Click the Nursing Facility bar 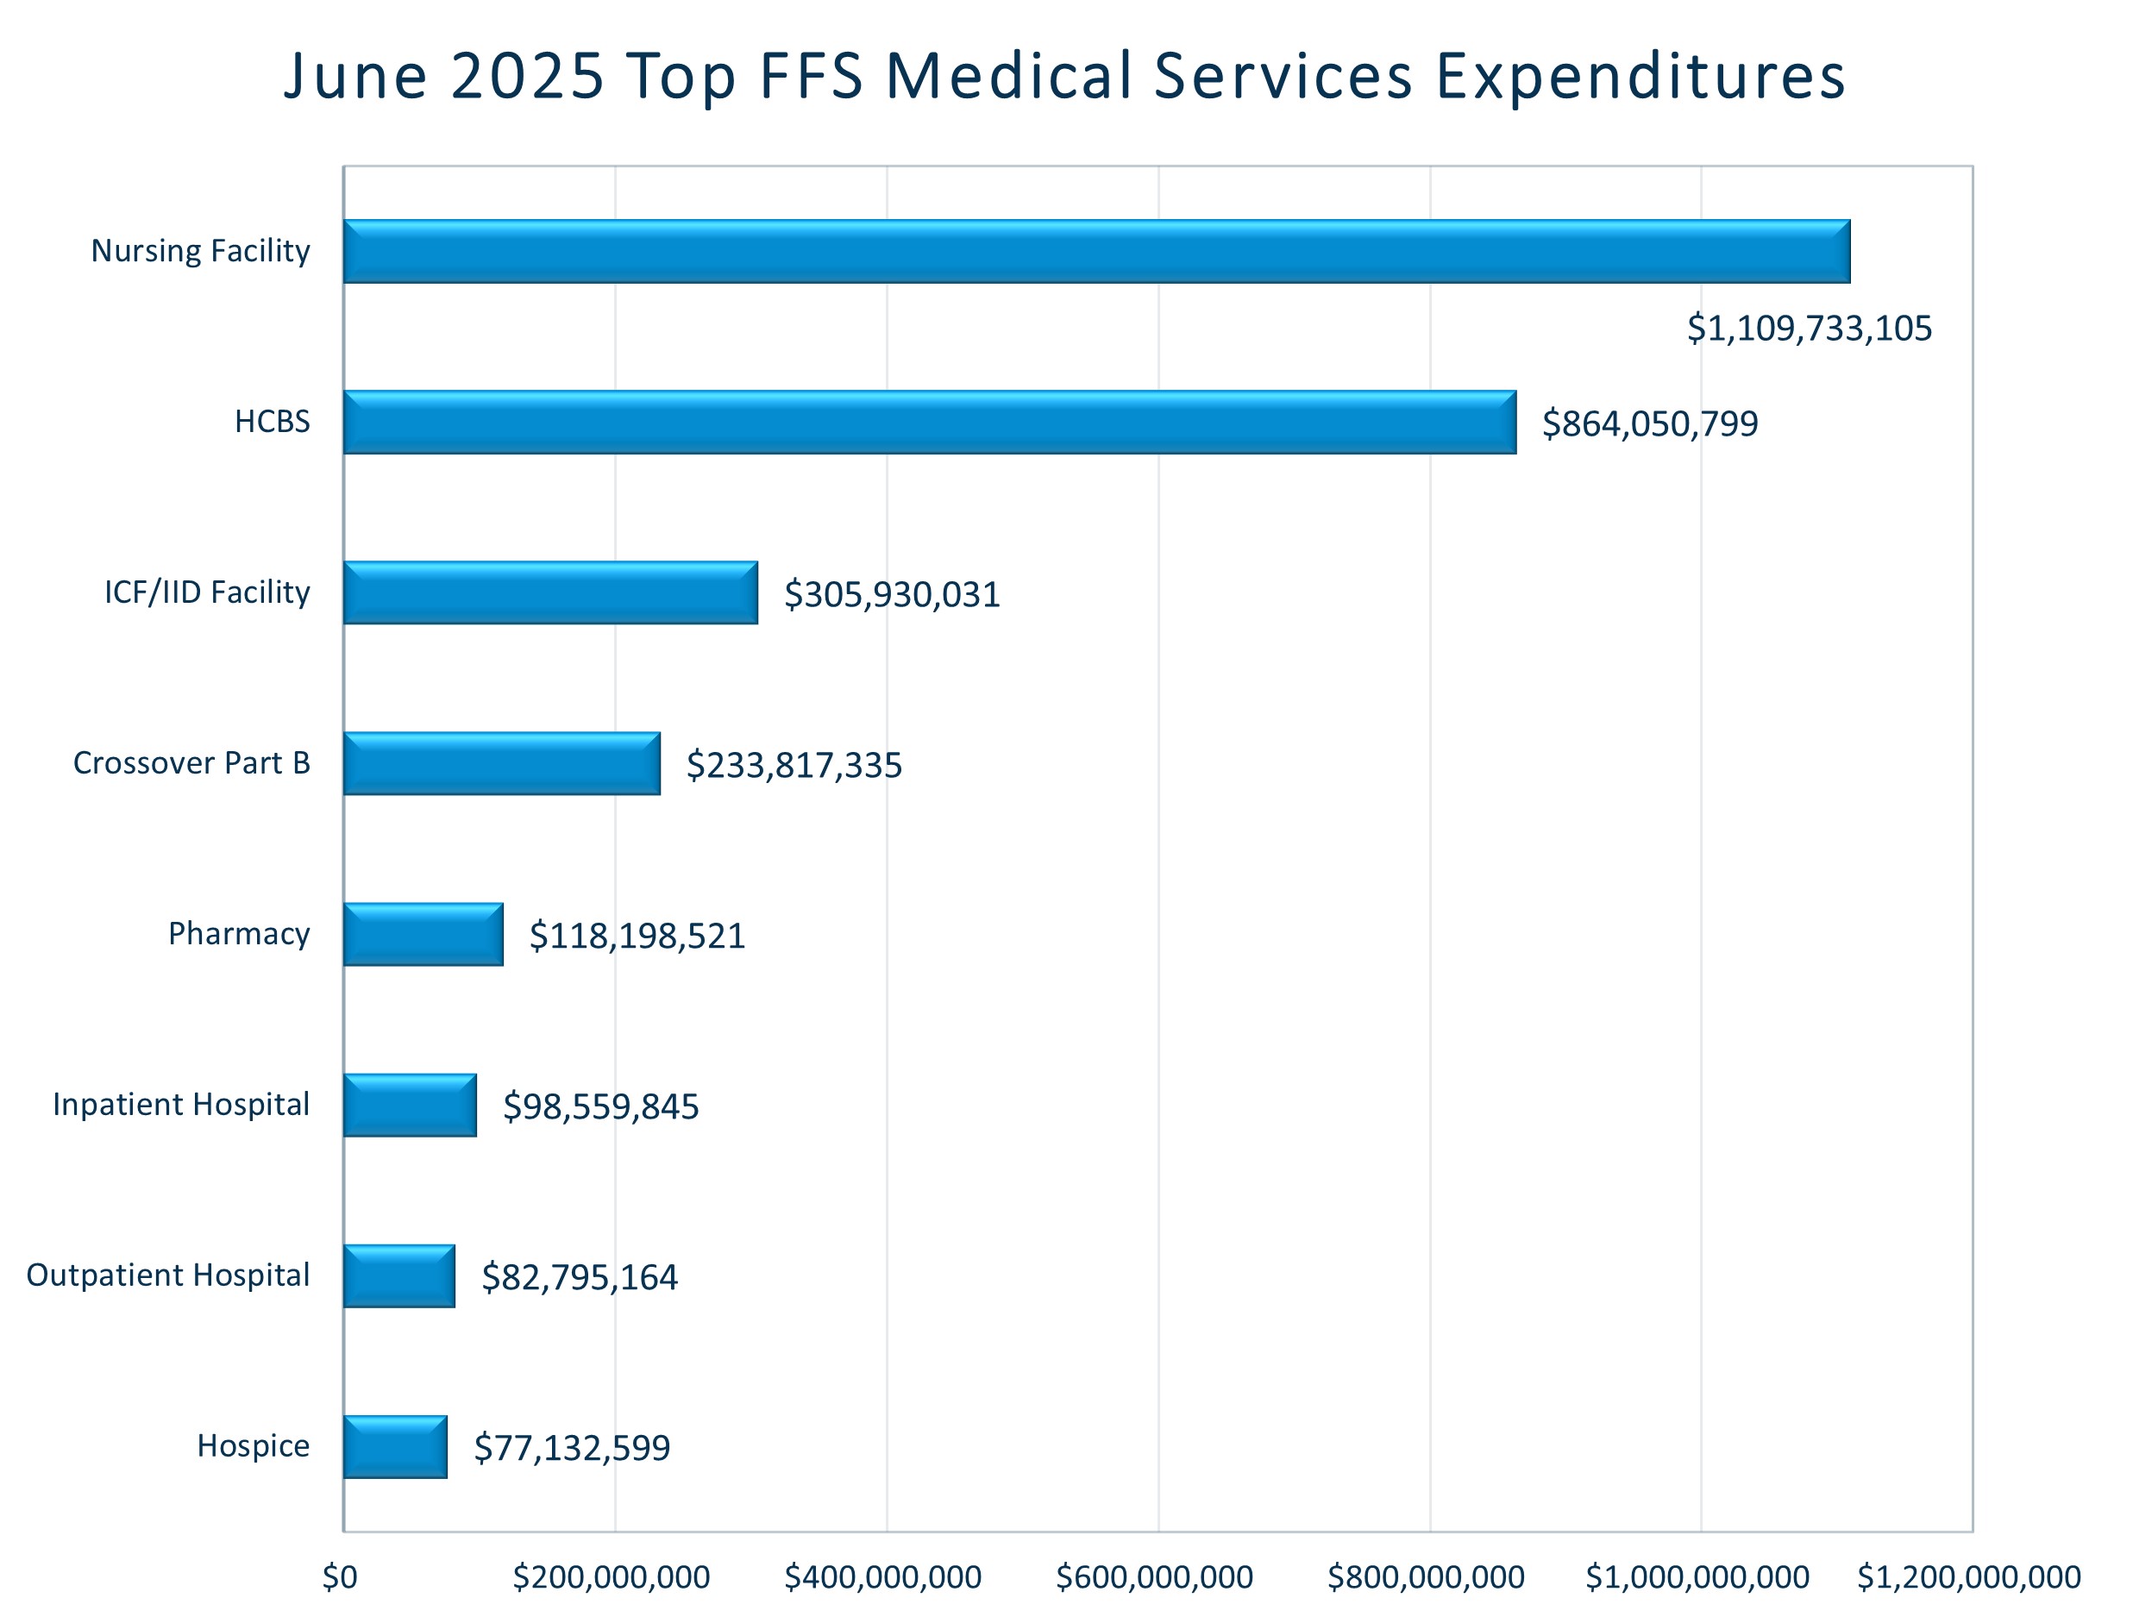(1096, 251)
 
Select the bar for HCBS (929, 423)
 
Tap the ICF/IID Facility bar (550, 592)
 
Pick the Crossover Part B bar (501, 763)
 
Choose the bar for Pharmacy (423, 934)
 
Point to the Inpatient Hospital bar (410, 1106)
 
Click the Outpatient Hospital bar (399, 1276)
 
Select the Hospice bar (395, 1447)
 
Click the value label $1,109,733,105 (1809, 329)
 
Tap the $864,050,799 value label (1649, 423)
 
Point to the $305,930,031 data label (892, 594)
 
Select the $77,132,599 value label (572, 1448)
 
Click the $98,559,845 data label (601, 1106)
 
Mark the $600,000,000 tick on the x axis (1154, 1577)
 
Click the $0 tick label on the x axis (340, 1577)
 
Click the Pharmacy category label (239, 934)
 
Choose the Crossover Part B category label (191, 763)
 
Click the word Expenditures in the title (1641, 75)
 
